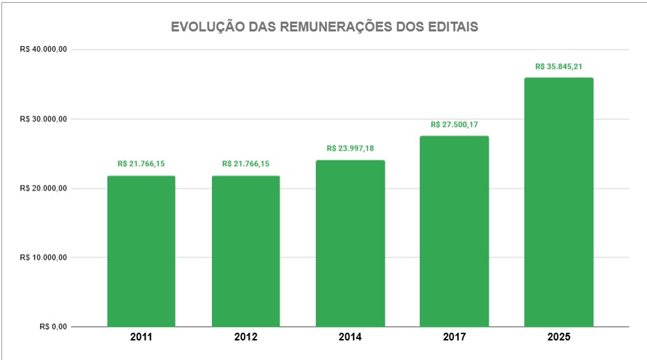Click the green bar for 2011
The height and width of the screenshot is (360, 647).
point(141,251)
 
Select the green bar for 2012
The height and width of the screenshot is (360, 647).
point(245,251)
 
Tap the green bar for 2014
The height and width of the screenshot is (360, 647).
point(350,243)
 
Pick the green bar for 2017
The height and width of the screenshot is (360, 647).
point(454,231)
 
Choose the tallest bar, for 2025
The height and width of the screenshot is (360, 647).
point(558,202)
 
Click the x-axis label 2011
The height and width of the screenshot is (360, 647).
point(141,337)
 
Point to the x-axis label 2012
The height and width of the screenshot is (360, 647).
point(245,337)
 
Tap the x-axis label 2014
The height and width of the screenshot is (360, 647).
point(350,337)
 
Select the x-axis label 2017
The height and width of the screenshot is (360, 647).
point(454,337)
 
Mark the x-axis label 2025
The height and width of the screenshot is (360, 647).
point(558,337)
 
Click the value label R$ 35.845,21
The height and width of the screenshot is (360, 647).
point(558,67)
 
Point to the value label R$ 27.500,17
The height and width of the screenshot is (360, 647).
point(454,125)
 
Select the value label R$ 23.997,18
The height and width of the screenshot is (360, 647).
point(350,149)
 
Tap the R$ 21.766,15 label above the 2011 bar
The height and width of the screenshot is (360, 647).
point(141,164)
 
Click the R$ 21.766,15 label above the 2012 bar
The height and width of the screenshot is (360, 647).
point(245,164)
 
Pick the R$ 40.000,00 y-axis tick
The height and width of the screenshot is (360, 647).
point(43,50)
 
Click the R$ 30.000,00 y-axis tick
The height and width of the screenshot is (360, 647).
point(43,119)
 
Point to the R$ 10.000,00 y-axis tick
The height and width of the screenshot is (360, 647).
point(43,257)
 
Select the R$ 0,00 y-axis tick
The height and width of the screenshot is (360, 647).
point(53,327)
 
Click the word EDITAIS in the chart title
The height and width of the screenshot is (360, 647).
point(452,27)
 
